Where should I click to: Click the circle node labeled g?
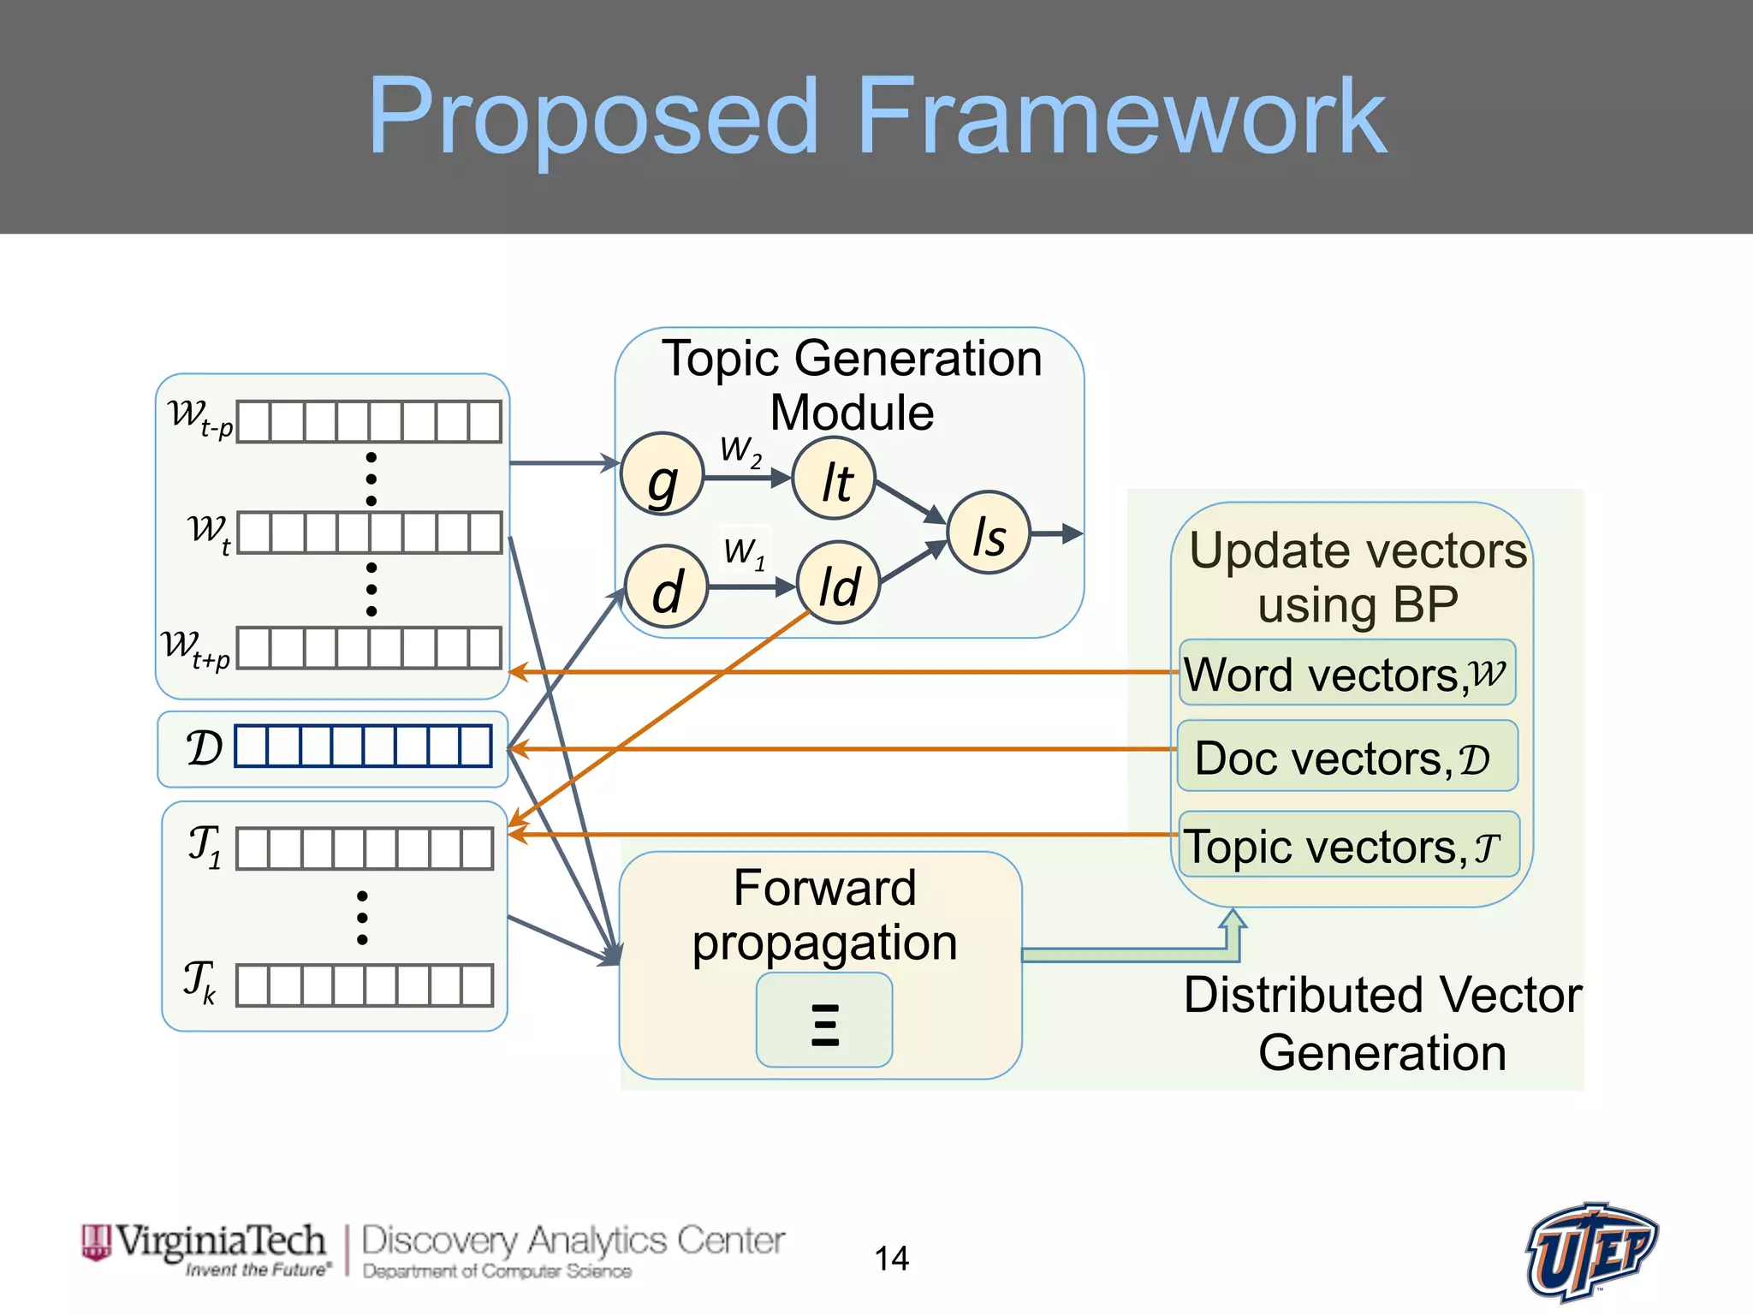tap(662, 474)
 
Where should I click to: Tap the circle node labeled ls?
tap(989, 533)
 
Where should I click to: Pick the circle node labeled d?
tap(666, 587)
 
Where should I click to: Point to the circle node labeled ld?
tap(838, 582)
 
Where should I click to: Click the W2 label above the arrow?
tap(740, 450)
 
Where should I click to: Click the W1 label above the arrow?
tap(744, 552)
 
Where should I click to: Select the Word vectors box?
tap(1346, 673)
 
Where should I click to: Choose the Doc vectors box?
tap(1346, 757)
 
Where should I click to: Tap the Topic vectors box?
tap(1348, 845)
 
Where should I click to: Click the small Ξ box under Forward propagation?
tap(824, 1020)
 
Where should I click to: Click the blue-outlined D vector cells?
tap(363, 746)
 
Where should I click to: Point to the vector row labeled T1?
tap(365, 848)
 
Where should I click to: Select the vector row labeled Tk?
tap(365, 985)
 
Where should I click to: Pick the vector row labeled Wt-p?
tap(369, 422)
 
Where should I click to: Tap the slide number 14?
tap(891, 1258)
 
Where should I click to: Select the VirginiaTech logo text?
tap(221, 1241)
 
